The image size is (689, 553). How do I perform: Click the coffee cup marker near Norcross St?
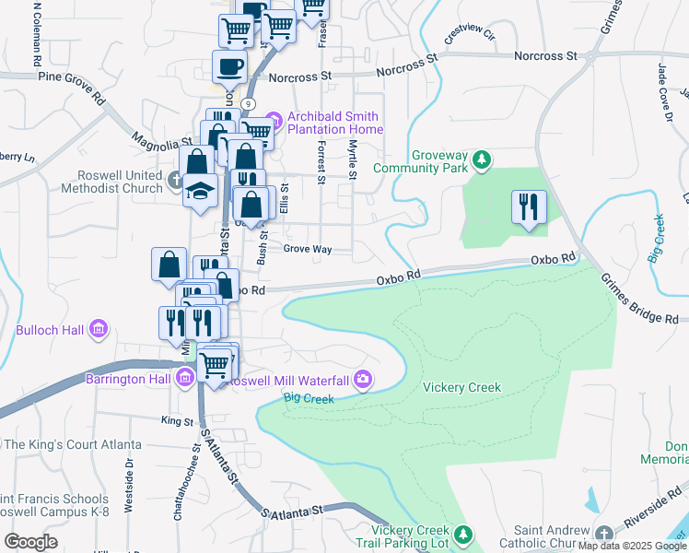[229, 66]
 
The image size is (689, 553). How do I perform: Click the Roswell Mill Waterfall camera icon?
[364, 379]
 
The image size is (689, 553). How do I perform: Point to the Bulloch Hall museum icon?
[99, 328]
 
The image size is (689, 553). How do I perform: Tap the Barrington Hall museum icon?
[185, 376]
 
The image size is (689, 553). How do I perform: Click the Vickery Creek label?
[461, 387]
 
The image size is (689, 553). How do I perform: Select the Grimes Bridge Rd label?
[639, 299]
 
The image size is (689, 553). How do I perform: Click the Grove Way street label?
[307, 249]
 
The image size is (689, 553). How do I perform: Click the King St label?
[176, 420]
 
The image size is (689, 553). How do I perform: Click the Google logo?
[30, 541]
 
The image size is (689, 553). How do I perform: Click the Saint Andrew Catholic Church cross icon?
[603, 535]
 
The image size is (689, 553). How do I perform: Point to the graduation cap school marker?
[199, 191]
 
